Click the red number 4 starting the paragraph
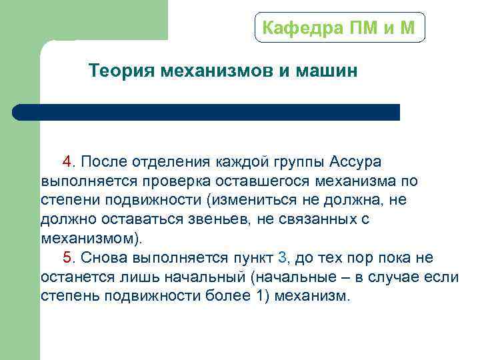tap(67, 162)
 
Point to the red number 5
tap(67, 258)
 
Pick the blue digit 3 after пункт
tap(282, 258)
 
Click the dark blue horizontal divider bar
tap(207, 112)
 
